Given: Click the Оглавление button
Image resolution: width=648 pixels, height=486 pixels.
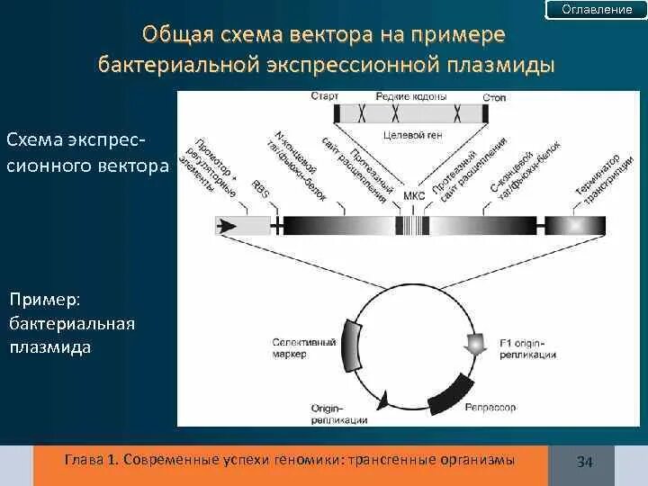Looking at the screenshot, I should [597, 10].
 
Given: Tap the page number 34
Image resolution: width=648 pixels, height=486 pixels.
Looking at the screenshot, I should [584, 462].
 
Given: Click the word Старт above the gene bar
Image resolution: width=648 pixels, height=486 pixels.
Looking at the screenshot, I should [324, 96].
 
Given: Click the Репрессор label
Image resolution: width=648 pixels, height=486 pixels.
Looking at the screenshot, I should [490, 408].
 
